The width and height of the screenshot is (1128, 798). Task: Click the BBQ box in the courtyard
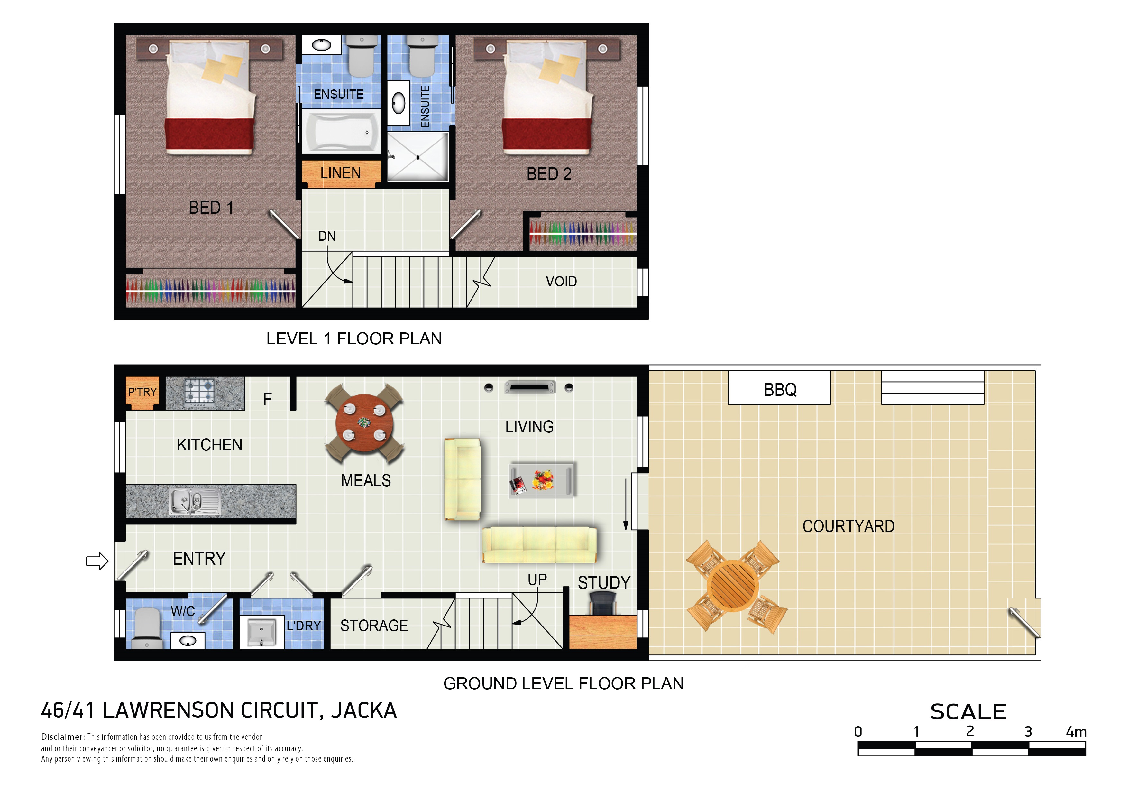click(779, 388)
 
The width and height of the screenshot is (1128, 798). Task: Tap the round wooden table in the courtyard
click(732, 586)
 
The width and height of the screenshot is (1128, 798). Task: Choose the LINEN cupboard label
click(341, 173)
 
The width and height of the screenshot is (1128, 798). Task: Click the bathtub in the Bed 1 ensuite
click(341, 132)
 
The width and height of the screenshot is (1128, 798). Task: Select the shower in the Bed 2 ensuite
click(417, 157)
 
